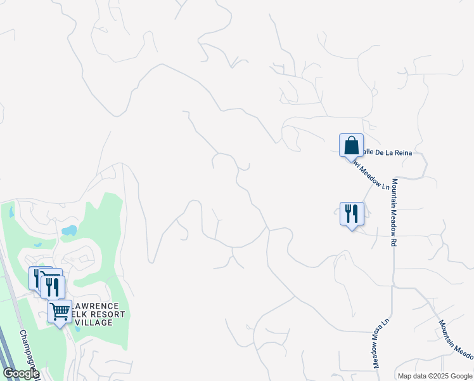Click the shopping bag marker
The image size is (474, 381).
(351, 145)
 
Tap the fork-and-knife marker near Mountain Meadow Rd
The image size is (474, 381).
(351, 213)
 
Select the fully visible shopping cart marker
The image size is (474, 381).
(60, 312)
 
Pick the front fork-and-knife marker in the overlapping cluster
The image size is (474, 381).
(53, 288)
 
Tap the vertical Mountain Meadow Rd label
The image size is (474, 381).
(394, 212)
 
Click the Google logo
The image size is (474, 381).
(20, 373)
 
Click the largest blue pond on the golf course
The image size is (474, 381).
(70, 230)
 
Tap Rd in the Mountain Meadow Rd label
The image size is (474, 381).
(394, 241)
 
